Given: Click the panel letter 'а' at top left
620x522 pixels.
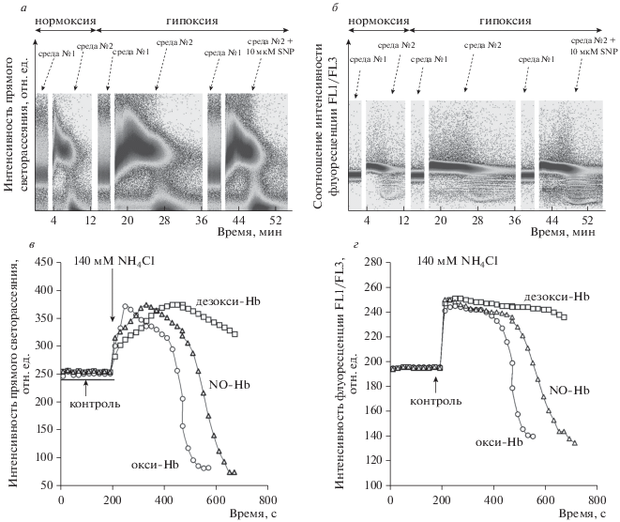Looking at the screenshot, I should [x=36, y=6].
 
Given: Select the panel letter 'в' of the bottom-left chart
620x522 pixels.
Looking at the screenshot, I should [x=36, y=245].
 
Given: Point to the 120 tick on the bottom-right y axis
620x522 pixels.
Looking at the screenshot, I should [x=373, y=459].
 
